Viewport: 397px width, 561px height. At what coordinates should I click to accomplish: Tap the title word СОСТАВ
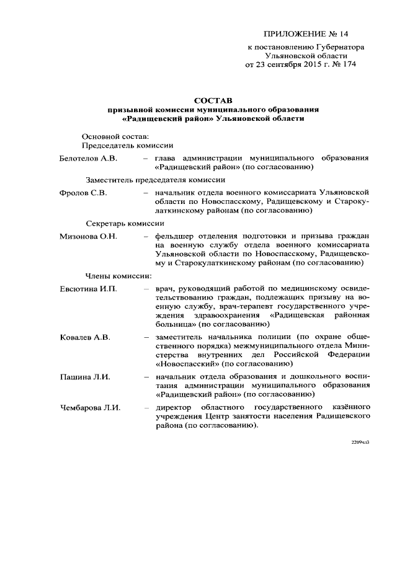click(212, 99)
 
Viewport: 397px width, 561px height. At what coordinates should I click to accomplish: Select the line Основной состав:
click(115, 136)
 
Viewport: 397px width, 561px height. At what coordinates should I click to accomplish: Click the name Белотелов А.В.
click(88, 158)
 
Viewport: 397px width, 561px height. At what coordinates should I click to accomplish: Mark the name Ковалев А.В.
click(84, 337)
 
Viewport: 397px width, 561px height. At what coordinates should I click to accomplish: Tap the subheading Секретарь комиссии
click(124, 223)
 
